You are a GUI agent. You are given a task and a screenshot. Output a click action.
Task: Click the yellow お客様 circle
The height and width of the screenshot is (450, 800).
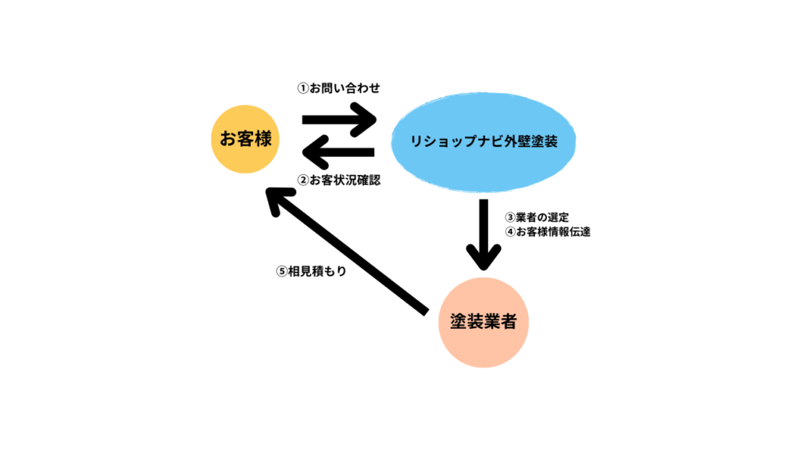coord(246,139)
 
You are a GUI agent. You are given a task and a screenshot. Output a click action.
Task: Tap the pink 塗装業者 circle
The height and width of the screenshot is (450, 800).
coord(484,320)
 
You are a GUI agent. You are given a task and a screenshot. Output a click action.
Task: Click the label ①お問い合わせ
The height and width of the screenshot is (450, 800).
coord(337,88)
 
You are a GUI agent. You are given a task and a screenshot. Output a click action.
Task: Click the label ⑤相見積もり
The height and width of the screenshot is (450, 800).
coord(311,271)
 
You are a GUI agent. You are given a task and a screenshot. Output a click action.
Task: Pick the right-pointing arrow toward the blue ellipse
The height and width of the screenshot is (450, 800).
coord(339,122)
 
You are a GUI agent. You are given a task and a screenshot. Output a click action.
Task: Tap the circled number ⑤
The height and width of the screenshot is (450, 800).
coord(282,271)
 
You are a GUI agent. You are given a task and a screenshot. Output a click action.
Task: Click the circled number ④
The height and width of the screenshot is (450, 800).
coord(509,232)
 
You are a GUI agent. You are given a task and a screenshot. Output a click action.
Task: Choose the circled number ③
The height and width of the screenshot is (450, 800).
coord(509,216)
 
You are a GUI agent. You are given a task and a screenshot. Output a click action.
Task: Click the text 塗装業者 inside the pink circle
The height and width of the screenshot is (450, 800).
coord(484,321)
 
